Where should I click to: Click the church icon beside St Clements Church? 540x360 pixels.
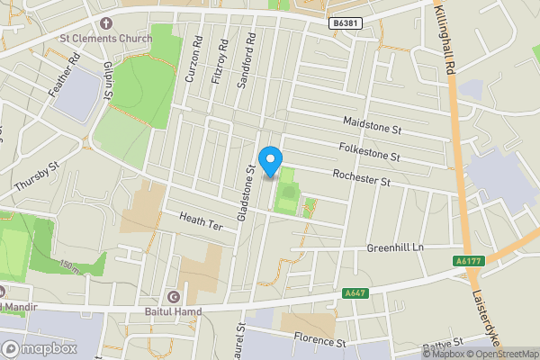click(x=106, y=22)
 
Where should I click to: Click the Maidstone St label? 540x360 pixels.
click(x=372, y=125)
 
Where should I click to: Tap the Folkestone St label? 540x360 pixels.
click(x=369, y=151)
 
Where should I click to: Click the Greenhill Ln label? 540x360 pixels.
click(x=394, y=247)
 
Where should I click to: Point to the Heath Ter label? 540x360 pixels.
click(x=200, y=219)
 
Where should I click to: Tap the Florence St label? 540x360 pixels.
click(x=319, y=342)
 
